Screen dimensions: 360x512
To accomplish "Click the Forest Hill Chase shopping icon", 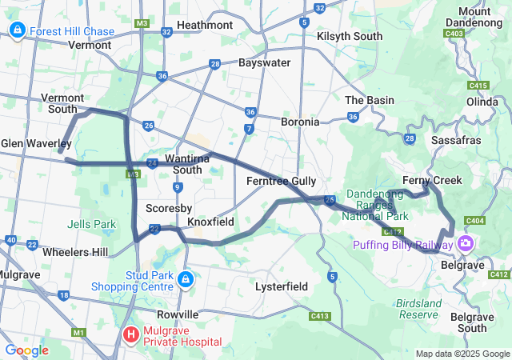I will (x=17, y=31).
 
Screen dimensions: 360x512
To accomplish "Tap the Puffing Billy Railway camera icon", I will (x=466, y=243).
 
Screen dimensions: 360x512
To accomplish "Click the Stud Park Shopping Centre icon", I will (x=185, y=279).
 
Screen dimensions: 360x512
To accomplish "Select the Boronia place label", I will (x=300, y=122).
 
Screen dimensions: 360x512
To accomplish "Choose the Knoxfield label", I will (x=210, y=221).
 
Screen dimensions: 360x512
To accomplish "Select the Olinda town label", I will (x=482, y=102).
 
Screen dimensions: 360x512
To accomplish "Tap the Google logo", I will (x=26, y=350).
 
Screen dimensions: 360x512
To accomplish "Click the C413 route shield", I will (x=320, y=317).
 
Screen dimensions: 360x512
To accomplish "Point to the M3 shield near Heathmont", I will (x=142, y=23).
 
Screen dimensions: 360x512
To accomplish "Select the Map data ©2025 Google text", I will (x=462, y=354).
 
